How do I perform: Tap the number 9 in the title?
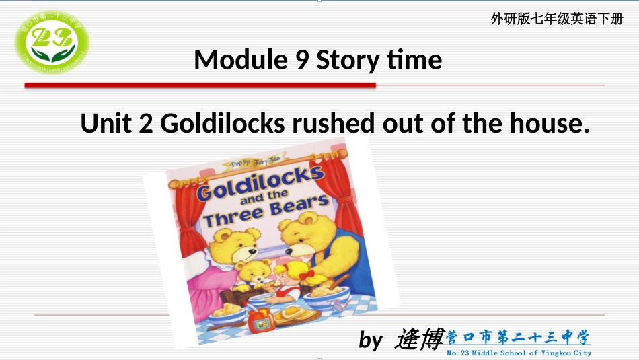(x=301, y=61)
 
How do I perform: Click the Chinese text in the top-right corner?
(x=556, y=19)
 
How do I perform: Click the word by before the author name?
(x=370, y=340)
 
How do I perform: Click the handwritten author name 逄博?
(x=420, y=338)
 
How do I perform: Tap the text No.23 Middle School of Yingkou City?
(x=519, y=353)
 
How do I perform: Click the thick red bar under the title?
(x=200, y=85)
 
